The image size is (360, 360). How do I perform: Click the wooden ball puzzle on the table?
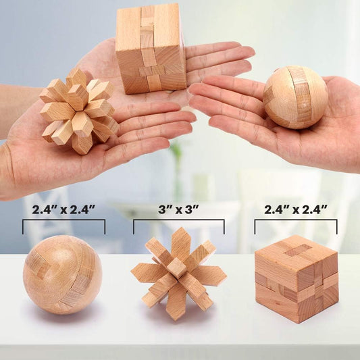point(62,274)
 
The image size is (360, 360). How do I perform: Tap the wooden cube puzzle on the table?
point(296,278)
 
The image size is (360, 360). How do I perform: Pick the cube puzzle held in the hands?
point(150,49)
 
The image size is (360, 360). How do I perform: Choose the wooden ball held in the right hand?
point(295,97)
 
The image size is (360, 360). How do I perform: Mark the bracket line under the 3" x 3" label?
point(178,220)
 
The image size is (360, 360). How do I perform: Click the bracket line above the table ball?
point(63,220)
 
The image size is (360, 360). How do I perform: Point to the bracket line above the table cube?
point(295,220)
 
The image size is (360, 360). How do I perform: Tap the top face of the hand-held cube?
point(149,9)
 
